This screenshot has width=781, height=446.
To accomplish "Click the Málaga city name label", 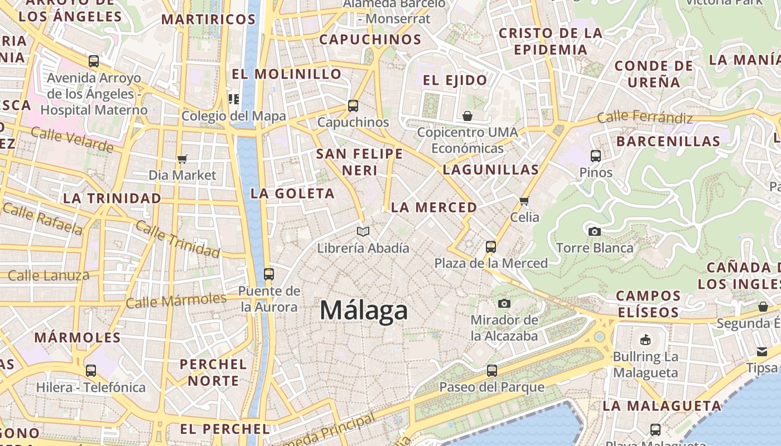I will point(364,310).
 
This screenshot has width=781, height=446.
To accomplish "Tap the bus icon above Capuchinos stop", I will point(353,105).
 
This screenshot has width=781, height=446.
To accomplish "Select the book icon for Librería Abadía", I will point(363,231).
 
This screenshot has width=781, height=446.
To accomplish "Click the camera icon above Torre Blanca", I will point(595,231).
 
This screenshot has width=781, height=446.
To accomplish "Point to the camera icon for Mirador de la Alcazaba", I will point(504,303).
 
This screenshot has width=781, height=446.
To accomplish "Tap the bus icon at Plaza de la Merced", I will point(491,246).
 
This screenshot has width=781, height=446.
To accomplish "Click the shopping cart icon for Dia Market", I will point(182,159).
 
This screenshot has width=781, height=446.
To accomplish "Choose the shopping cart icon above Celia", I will point(524,200).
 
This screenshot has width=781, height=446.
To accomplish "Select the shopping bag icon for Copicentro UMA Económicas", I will point(467,116).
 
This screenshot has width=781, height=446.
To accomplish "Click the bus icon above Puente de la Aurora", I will point(269,274).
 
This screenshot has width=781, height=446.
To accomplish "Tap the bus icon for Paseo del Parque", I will point(491,370).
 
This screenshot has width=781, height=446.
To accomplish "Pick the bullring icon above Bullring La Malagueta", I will point(645,340).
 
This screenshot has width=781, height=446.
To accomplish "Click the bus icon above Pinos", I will point(596,156).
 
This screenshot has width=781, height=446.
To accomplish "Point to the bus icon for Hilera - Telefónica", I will point(91,370).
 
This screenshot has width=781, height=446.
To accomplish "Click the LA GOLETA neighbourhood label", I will point(293,193).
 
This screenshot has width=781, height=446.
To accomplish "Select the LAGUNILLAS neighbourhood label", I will point(491,169).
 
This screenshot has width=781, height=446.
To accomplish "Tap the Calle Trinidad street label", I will point(177,239).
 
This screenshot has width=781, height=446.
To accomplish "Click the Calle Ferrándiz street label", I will point(644,117).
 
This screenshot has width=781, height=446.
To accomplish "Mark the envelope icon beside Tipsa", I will point(762,351).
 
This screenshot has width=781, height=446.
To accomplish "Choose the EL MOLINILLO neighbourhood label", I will point(286,74).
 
